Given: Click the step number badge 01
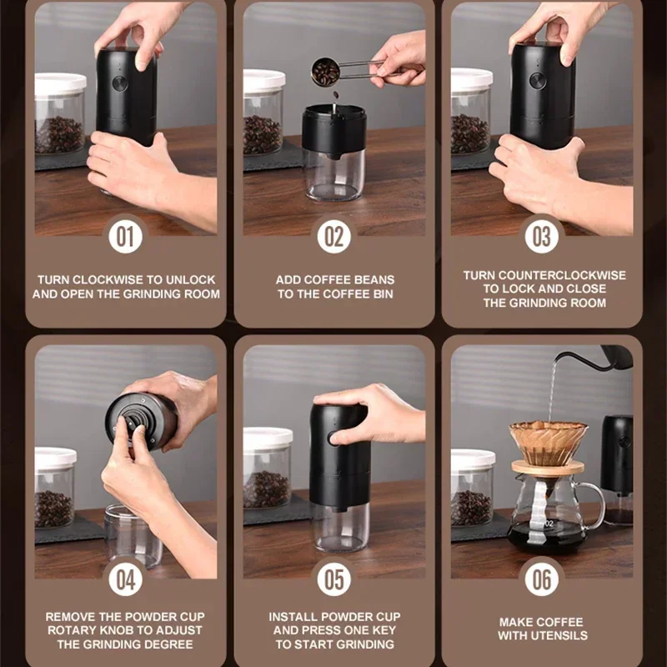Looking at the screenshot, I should (125, 237).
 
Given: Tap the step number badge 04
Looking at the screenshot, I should (125, 579).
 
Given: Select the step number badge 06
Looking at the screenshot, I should (542, 579).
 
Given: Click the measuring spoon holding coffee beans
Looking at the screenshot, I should (326, 72).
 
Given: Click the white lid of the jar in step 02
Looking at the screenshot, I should (264, 80).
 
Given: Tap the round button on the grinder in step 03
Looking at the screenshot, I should (538, 81).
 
